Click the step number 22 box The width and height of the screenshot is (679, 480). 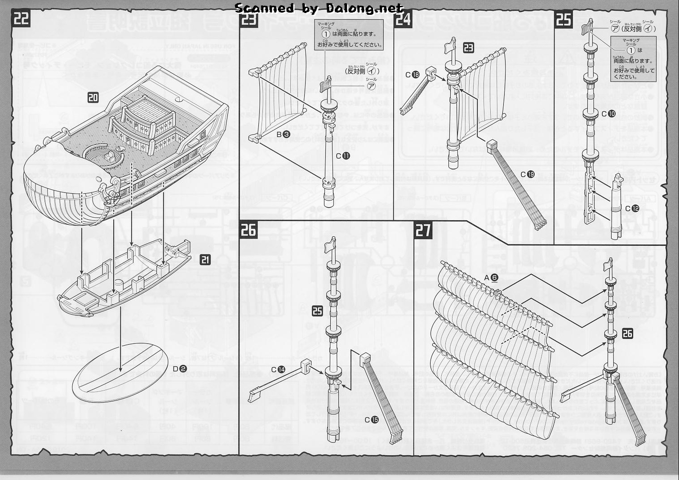click(21, 19)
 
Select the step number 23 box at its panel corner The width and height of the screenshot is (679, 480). click(249, 19)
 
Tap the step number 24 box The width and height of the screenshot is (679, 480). click(404, 19)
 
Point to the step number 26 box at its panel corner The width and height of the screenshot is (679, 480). click(249, 230)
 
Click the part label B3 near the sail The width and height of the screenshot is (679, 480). click(283, 134)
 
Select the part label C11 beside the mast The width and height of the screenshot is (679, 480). click(343, 156)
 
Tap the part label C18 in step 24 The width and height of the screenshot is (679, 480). click(412, 75)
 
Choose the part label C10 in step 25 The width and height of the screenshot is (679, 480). click(608, 114)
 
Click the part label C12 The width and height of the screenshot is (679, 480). click(632, 209)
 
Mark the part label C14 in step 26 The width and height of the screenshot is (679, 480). click(278, 369)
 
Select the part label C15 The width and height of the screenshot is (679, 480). click(372, 420)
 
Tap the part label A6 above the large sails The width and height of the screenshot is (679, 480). click(491, 277)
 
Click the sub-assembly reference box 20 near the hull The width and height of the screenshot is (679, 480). click(93, 98)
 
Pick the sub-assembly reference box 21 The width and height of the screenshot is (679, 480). click(205, 259)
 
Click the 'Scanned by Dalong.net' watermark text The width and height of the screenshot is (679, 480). click(319, 8)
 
